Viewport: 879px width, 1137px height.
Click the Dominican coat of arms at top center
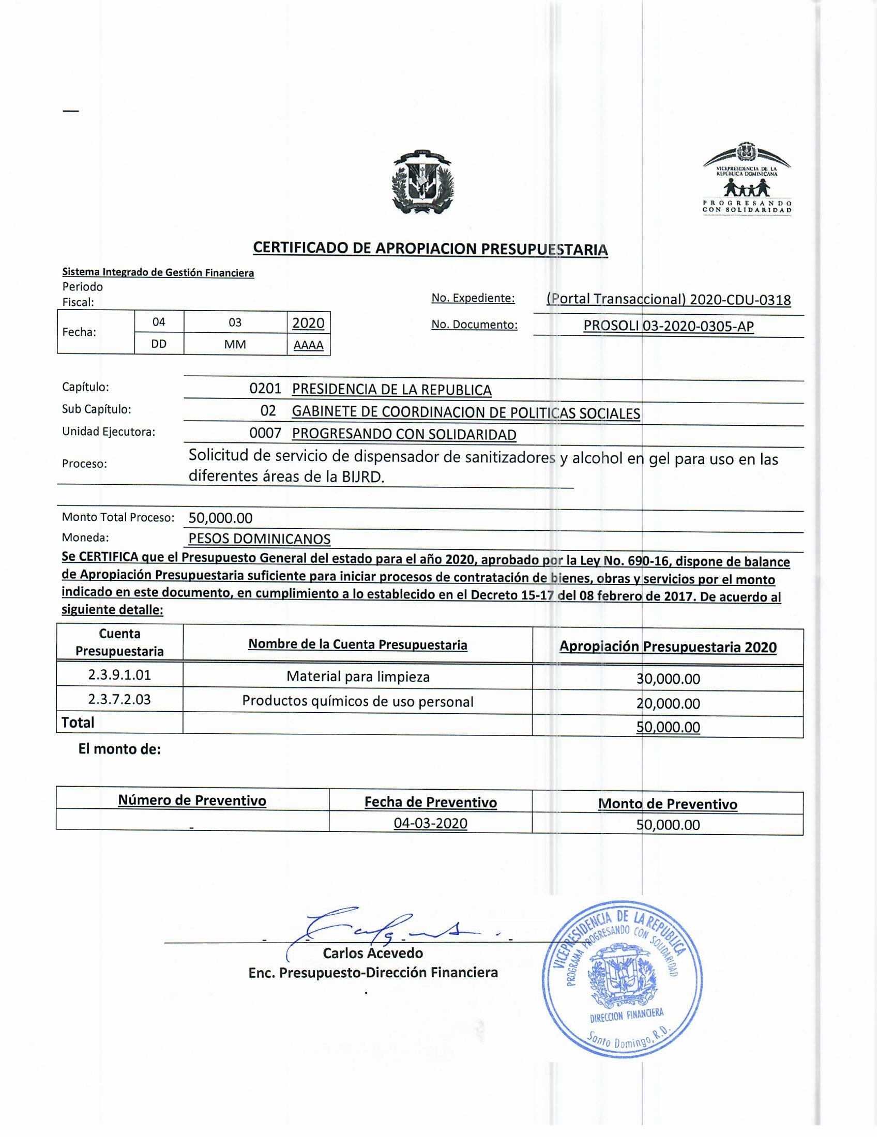pos(423,182)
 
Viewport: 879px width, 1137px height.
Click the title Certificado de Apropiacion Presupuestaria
pos(430,248)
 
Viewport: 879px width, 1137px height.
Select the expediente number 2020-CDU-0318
pos(740,299)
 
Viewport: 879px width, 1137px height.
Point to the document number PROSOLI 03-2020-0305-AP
pos(669,326)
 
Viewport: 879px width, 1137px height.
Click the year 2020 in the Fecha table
pos(308,323)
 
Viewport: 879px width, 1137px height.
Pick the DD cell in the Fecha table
pos(159,344)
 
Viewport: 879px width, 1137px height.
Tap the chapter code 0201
pos(265,388)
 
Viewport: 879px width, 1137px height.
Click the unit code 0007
pos(265,433)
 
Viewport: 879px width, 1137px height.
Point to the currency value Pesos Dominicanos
pos(260,539)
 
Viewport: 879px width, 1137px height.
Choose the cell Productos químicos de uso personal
pos(358,701)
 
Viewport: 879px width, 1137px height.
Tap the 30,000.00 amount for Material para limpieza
pos(668,679)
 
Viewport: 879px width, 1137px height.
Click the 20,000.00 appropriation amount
pos(668,703)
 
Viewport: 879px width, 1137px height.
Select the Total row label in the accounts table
pos(78,722)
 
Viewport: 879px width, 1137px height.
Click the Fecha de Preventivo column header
pos(430,802)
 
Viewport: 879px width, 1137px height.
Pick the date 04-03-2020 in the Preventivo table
pos(430,823)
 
